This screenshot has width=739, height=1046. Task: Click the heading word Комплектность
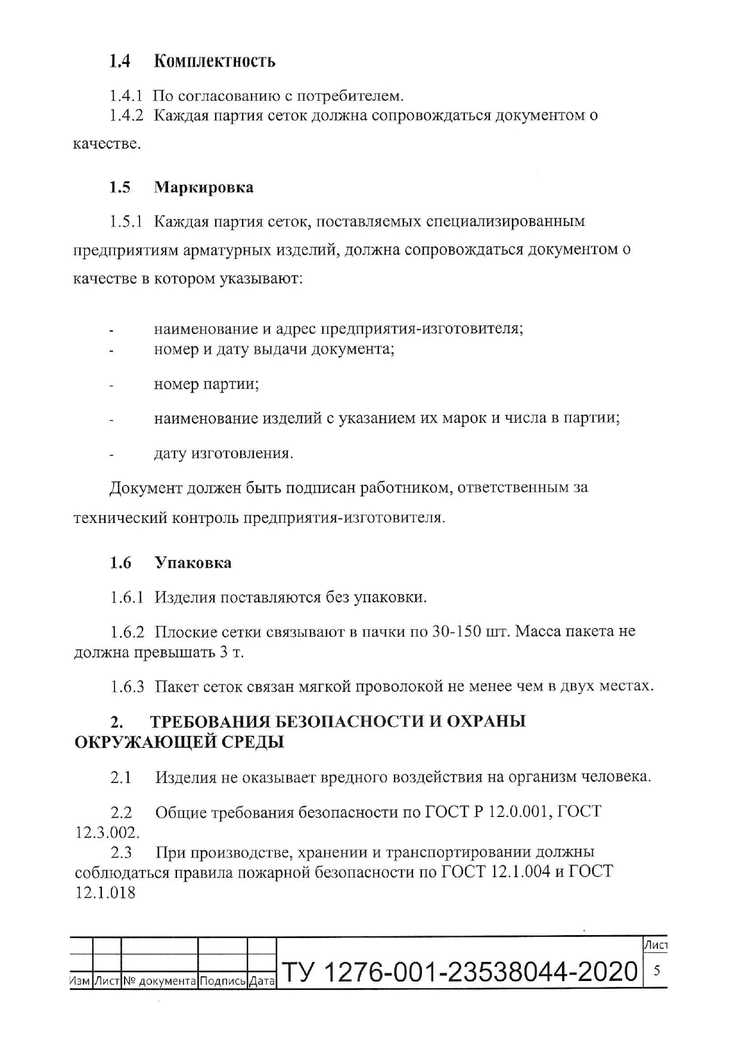tap(215, 61)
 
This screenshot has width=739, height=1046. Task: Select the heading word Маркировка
tap(204, 187)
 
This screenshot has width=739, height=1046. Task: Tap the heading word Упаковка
tap(193, 562)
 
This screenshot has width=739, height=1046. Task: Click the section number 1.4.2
tap(127, 115)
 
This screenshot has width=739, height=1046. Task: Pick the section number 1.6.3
tap(128, 686)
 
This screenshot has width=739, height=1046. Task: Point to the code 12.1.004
tap(521, 872)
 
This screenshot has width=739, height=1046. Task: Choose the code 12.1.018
tap(105, 893)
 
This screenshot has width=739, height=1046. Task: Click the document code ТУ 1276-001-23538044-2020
tap(459, 972)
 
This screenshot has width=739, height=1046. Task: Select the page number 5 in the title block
tap(657, 970)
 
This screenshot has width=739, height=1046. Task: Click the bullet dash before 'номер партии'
tap(111, 386)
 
